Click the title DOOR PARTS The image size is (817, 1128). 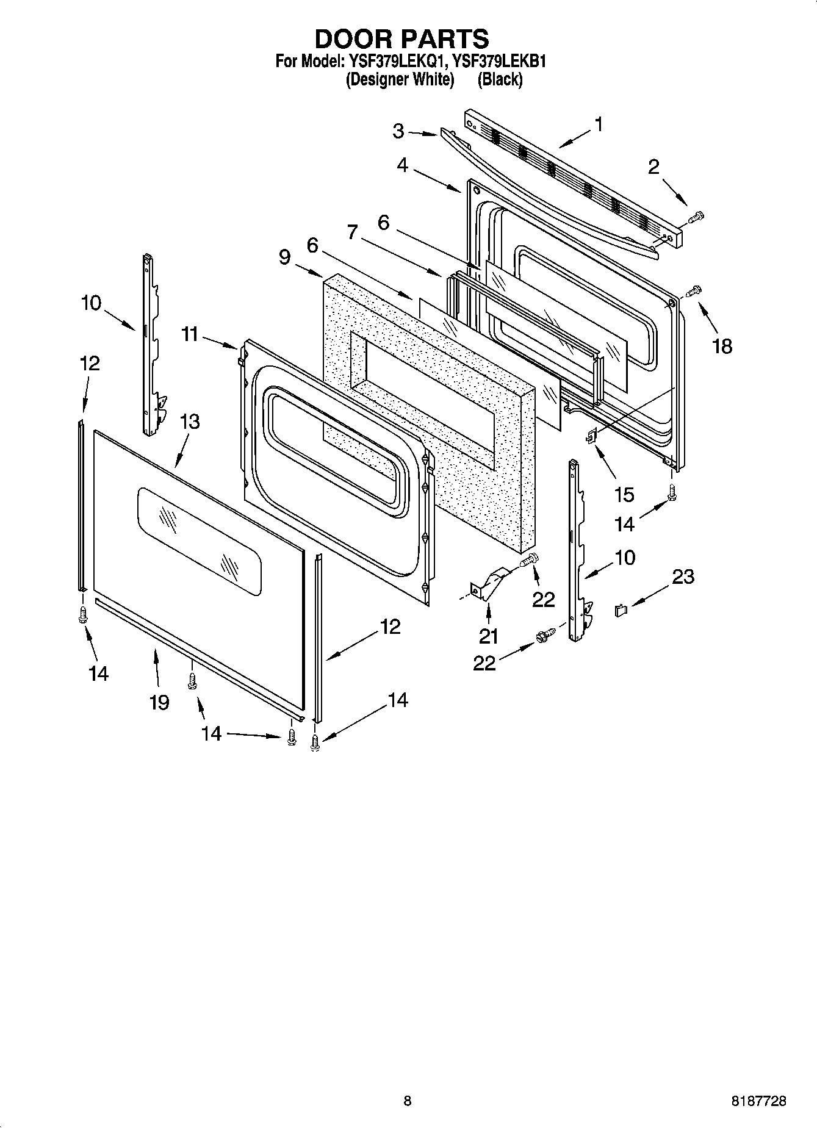[x=401, y=39]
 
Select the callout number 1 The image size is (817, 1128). [x=599, y=124]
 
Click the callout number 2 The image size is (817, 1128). [x=653, y=167]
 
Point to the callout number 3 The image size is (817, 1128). [x=398, y=131]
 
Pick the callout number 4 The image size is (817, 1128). [x=402, y=165]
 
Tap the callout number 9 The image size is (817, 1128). [x=284, y=257]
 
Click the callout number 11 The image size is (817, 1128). [x=190, y=334]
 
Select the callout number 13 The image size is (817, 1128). [x=190, y=422]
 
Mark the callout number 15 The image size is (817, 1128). [x=624, y=494]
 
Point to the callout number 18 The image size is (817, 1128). [x=722, y=346]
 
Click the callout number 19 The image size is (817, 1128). [x=159, y=702]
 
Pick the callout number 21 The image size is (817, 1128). [x=488, y=636]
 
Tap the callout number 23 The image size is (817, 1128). [x=683, y=577]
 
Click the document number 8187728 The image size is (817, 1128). [x=759, y=1101]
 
